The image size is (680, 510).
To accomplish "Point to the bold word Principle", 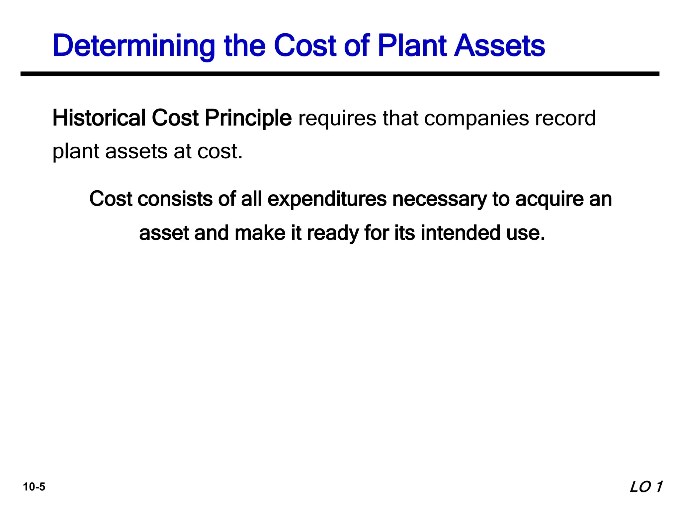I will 248,119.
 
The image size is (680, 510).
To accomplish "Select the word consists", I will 175,199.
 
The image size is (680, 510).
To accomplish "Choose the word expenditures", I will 327,200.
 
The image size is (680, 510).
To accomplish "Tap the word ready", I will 333,233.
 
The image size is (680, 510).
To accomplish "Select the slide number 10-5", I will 34,487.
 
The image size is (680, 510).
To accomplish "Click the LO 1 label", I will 646,487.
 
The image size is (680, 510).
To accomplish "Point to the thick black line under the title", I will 340,74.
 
